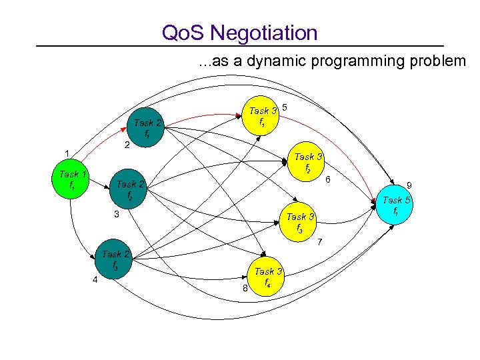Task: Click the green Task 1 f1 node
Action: [x=70, y=179]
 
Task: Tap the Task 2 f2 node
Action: [x=130, y=189]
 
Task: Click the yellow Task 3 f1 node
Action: [x=263, y=116]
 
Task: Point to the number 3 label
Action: [x=116, y=215]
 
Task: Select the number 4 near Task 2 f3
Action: [x=95, y=280]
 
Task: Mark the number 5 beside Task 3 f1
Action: [x=285, y=107]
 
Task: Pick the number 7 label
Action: [x=320, y=241]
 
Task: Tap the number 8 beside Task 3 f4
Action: [x=245, y=289]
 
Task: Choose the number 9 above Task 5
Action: [x=409, y=185]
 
